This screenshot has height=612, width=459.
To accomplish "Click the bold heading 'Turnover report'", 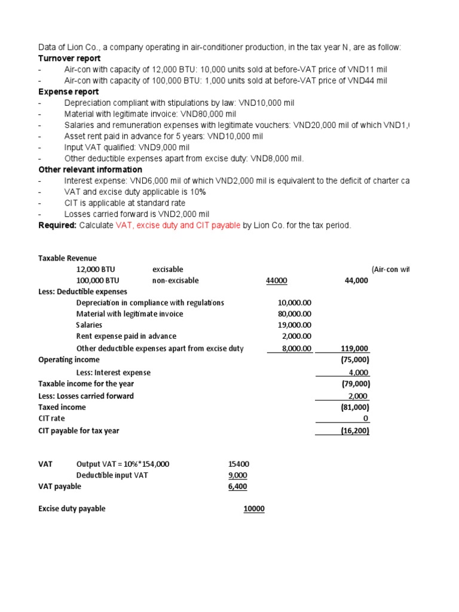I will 69,58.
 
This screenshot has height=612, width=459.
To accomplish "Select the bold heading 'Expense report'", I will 68,92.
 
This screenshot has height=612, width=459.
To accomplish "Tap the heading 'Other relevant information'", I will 90,170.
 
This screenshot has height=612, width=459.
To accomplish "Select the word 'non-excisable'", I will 176,280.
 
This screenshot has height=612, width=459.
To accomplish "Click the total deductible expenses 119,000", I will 355,348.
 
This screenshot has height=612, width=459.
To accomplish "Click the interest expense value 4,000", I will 359,372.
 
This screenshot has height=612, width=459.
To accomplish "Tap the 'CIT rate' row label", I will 52,418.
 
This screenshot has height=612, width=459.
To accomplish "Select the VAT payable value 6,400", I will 237,486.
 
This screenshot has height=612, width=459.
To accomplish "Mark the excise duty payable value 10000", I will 253,509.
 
